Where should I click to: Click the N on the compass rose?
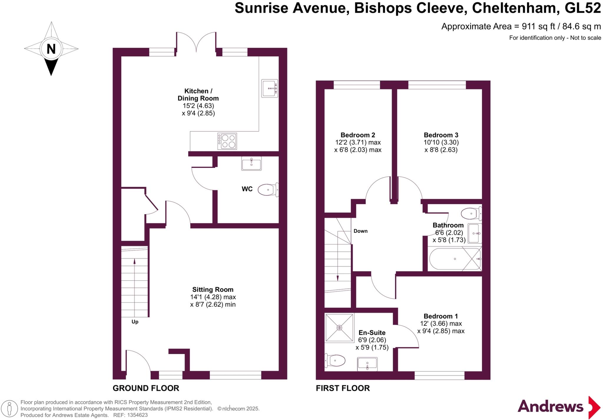(51, 49)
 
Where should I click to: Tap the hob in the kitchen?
(227, 141)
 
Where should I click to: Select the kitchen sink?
(269, 88)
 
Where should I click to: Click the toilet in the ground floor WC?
(268, 190)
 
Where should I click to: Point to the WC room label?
(247, 189)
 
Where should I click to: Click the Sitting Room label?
(213, 290)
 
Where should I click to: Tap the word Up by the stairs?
(135, 322)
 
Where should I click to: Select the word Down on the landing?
(360, 231)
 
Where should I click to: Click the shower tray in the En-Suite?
(339, 328)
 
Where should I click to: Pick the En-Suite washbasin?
(367, 364)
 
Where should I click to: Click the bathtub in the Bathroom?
(455, 259)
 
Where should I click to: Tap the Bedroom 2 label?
(358, 135)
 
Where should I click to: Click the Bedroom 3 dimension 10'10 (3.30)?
(441, 142)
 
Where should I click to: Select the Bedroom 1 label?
(440, 316)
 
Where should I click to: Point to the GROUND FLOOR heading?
(146, 388)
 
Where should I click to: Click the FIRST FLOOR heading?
(343, 388)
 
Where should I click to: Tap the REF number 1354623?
(137, 415)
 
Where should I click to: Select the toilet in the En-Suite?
(336, 360)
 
